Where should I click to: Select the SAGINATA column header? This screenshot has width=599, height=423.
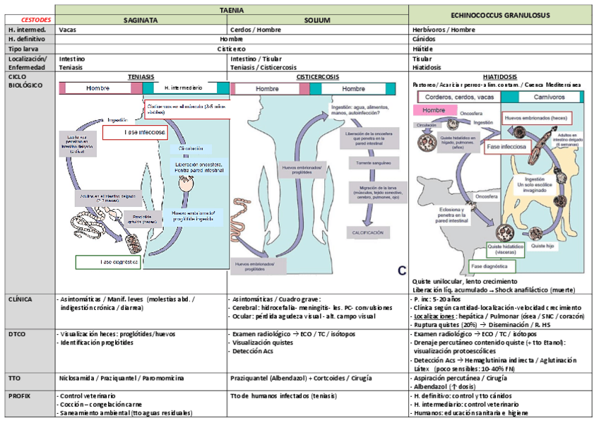[141, 20]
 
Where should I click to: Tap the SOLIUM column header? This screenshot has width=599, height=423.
[317, 20]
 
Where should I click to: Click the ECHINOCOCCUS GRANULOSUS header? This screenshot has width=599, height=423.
[501, 15]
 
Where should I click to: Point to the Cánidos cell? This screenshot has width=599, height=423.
[424, 40]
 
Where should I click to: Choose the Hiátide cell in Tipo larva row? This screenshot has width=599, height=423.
[423, 49]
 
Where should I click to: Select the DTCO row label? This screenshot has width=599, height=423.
[18, 332]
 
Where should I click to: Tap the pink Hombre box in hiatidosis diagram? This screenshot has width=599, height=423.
[434, 110]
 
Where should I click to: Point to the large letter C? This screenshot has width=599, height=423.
[401, 270]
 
